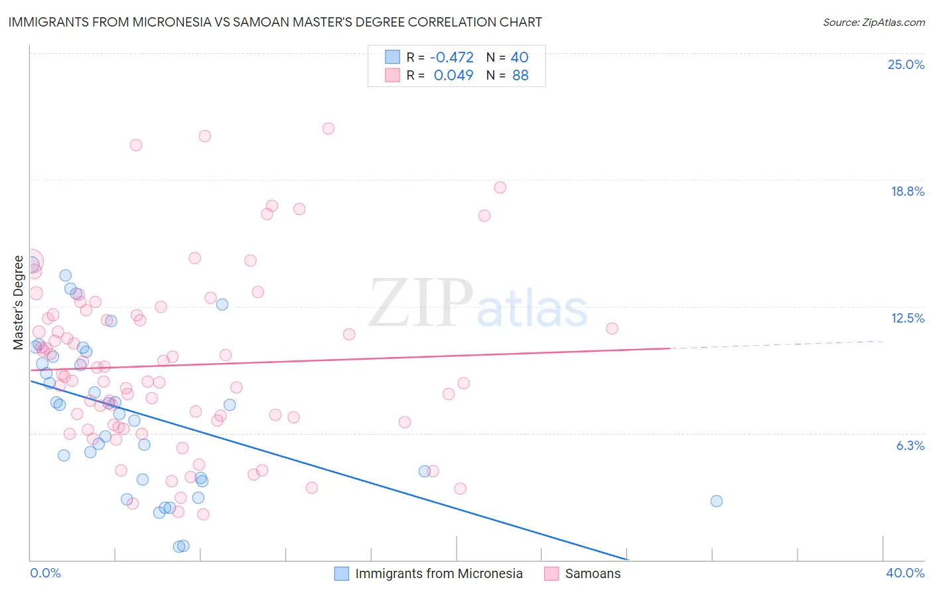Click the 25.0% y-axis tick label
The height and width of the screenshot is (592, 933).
coord(906,64)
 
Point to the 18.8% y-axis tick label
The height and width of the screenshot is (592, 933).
coord(907,191)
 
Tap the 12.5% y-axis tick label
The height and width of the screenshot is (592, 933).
coord(907,318)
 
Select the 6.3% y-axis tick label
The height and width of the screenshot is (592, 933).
coord(910,445)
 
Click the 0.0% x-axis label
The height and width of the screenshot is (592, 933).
coord(46,573)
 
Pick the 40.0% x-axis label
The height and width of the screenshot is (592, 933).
coord(904,573)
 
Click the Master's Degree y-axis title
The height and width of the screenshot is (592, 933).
coord(18,303)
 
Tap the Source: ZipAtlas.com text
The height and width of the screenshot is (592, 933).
coord(873,22)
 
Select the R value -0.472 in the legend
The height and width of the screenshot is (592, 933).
coord(451,57)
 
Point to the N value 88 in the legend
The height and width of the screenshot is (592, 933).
coord(520,75)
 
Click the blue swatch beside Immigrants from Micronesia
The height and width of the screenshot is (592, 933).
coord(341,573)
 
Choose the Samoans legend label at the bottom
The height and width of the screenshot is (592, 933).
coord(593,573)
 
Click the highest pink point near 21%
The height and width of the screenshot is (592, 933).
coord(328,129)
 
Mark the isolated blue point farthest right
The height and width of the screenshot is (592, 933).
coord(716,501)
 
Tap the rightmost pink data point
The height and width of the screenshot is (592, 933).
coord(612,329)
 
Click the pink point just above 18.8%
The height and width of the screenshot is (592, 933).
coord(500,188)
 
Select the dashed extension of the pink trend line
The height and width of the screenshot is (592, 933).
coord(776,344)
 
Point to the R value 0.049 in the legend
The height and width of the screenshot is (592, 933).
coord(453,75)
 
